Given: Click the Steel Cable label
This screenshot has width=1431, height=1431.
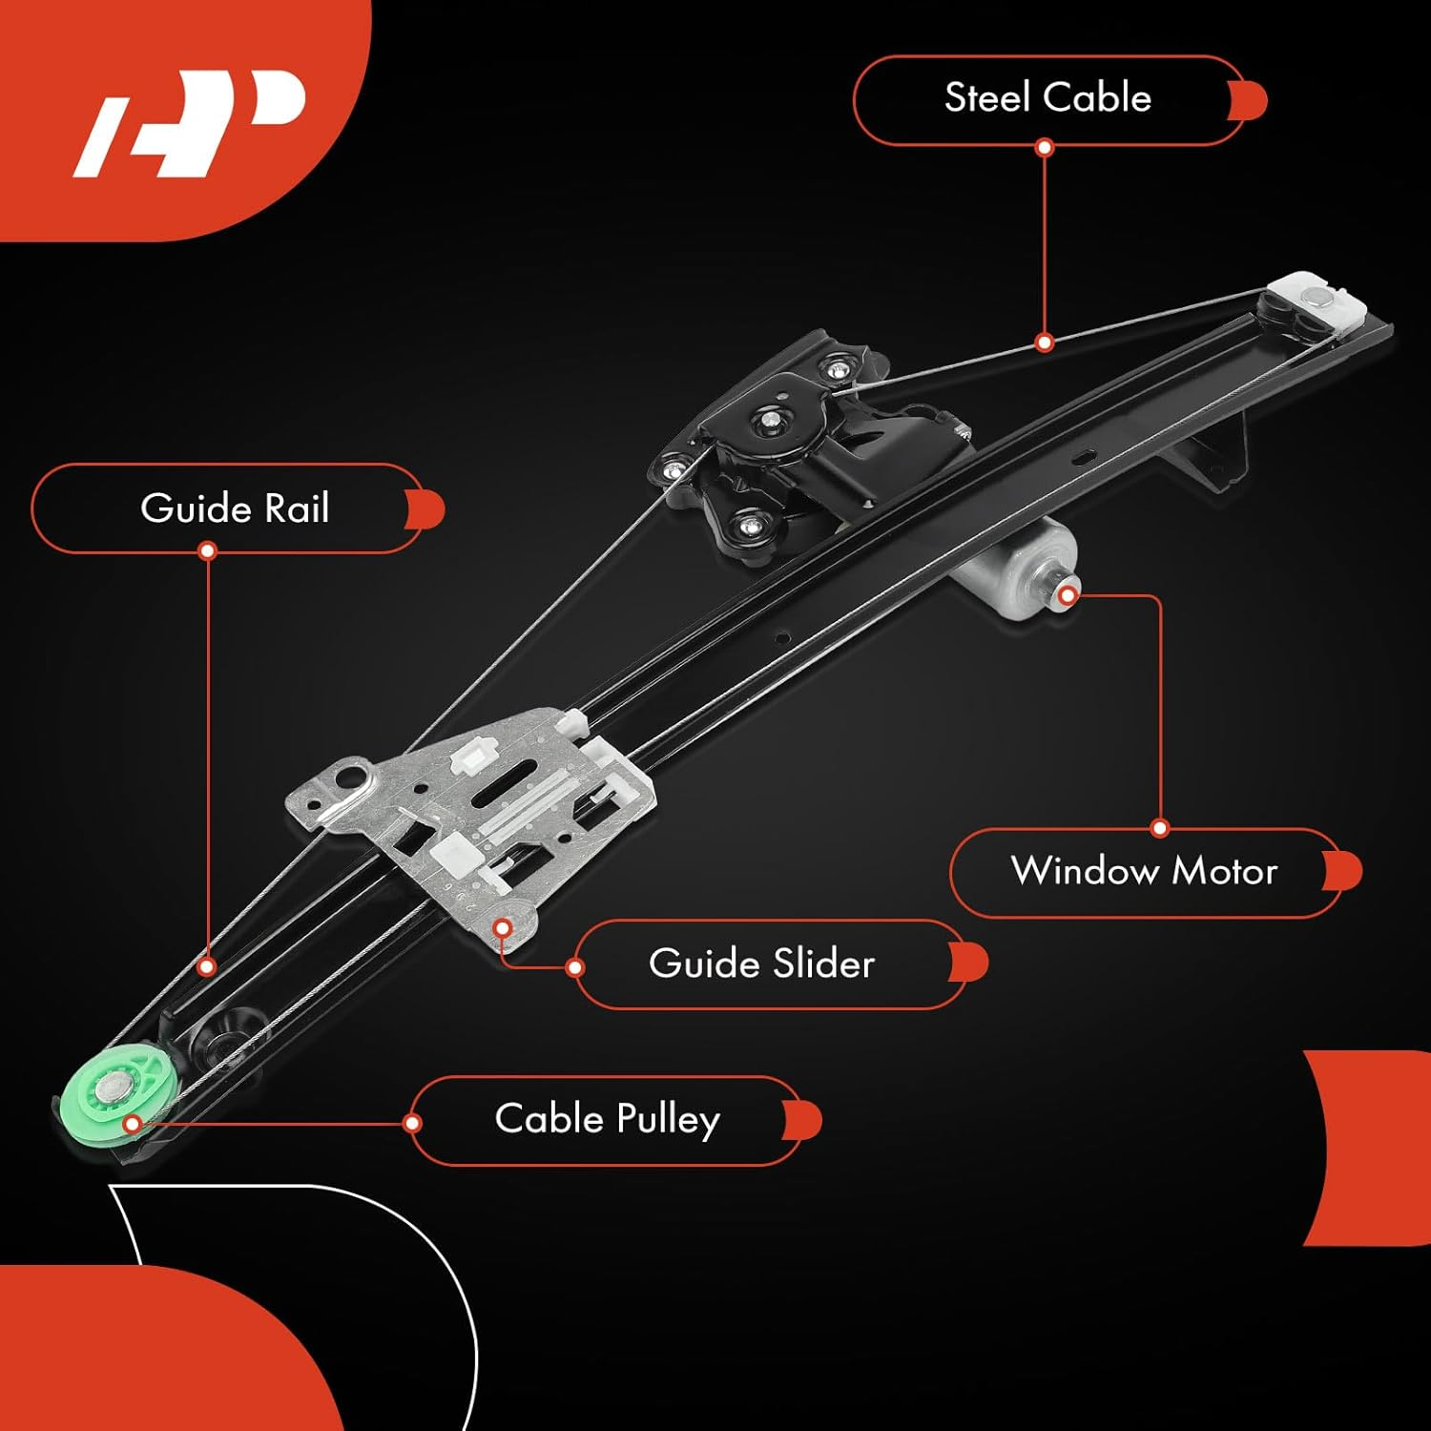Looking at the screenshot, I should coord(1047,99).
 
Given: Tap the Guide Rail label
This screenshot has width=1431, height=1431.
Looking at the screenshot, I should coord(234,508).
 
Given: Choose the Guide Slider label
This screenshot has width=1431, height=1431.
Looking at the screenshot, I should coord(761,964).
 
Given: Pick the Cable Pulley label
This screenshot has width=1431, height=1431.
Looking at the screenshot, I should coord(607,1119).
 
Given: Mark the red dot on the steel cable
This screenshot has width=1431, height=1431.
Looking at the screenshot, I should coord(1045,342).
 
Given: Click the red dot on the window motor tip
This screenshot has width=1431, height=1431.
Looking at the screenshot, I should coord(1068,596).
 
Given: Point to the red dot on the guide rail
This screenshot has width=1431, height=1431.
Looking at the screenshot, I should coord(207,966).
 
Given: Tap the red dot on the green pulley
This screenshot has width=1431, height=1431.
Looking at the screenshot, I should coord(133,1124).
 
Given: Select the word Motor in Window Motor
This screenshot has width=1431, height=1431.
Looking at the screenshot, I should coord(1224,872).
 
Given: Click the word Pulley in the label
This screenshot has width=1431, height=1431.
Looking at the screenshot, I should coord(668,1119).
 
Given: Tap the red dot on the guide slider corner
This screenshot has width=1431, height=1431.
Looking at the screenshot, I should coord(503,927).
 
